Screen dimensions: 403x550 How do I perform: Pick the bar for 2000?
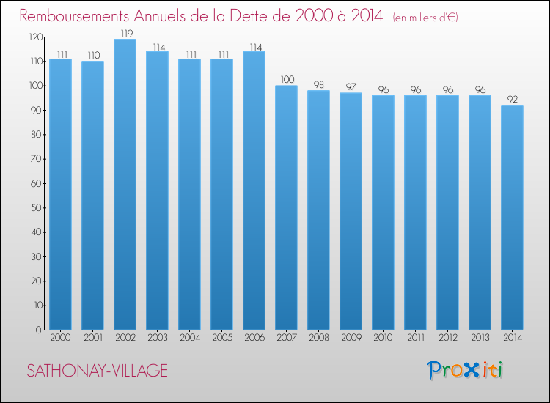coord(60,194)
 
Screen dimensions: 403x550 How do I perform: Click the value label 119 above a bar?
coord(125,33)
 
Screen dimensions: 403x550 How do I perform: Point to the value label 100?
coord(286,79)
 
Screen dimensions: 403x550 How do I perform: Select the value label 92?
coord(512,99)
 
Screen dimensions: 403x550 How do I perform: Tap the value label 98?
coord(318,84)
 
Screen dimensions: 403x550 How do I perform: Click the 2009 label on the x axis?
coord(351,338)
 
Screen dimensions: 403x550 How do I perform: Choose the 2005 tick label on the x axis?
coord(221,338)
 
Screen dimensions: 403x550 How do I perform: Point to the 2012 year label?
coord(447,338)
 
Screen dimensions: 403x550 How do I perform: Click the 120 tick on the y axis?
coord(34,37)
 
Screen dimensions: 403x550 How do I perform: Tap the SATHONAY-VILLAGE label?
coord(97,371)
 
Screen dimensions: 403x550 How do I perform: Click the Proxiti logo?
coord(466,370)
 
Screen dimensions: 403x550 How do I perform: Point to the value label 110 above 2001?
coord(92,55)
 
